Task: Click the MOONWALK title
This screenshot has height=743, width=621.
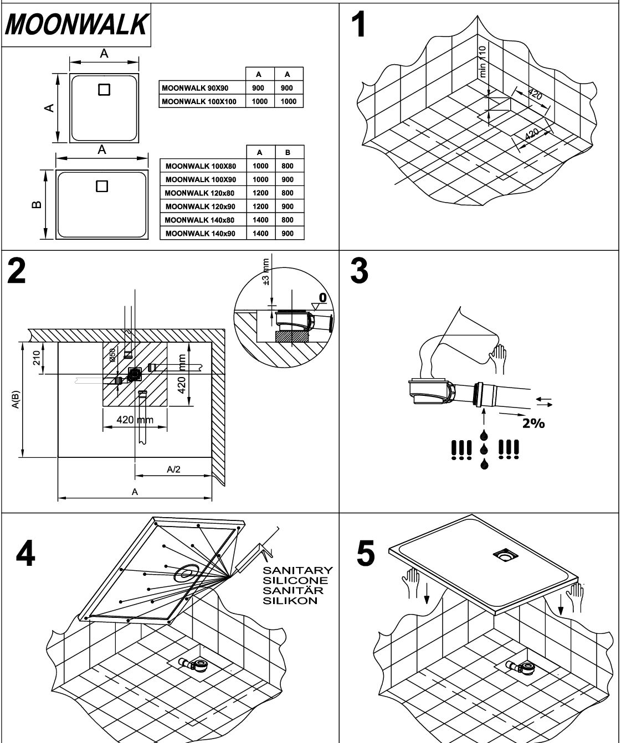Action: [76, 24]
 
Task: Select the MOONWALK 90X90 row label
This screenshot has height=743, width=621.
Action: [194, 88]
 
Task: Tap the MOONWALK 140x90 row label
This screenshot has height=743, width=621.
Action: [200, 234]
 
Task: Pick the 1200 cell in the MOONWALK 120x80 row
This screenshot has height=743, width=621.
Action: [260, 193]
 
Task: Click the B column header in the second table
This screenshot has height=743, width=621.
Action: [287, 152]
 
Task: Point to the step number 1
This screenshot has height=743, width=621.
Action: [360, 25]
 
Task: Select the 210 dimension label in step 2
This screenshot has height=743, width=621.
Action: [37, 358]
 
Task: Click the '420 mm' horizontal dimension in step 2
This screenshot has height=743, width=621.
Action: [135, 420]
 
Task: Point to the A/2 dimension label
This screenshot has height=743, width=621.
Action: [173, 469]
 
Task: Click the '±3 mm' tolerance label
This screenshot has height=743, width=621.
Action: [266, 272]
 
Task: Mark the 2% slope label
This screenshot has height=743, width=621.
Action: [533, 424]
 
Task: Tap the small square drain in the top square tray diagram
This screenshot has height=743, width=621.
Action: [105, 89]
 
